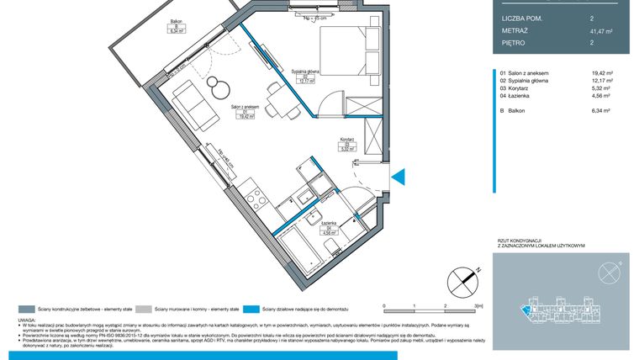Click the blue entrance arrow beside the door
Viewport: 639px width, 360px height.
pyautogui.click(x=400, y=177)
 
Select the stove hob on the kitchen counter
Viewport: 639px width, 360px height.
pyautogui.click(x=256, y=199)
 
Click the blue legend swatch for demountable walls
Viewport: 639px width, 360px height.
pyautogui.click(x=255, y=309)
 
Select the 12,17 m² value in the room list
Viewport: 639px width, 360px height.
pyautogui.click(x=601, y=82)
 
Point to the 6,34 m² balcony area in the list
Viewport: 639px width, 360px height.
pyautogui.click(x=601, y=110)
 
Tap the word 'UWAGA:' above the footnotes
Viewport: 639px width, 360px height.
pyautogui.click(x=29, y=320)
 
